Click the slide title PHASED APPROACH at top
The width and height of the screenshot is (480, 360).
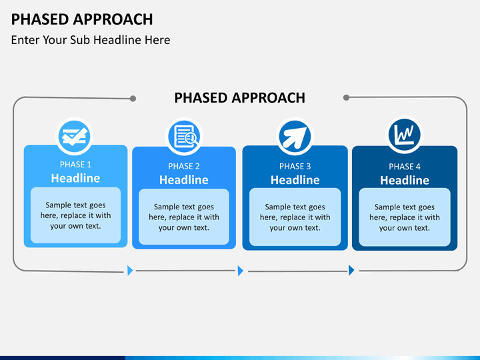click(x=82, y=19)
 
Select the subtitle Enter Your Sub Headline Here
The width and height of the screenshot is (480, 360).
click(x=91, y=40)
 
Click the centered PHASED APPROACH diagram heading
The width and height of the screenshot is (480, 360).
click(x=240, y=98)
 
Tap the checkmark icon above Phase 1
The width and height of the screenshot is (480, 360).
click(x=75, y=136)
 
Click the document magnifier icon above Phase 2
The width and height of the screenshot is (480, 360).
click(x=184, y=137)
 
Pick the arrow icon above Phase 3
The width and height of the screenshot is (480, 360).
click(x=295, y=137)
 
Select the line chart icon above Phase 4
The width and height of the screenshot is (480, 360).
click(x=405, y=135)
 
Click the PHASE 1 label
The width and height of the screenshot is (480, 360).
click(x=75, y=165)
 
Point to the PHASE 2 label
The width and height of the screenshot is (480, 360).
click(x=184, y=166)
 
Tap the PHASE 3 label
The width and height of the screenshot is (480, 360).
click(x=295, y=166)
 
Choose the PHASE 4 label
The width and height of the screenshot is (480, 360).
click(x=405, y=167)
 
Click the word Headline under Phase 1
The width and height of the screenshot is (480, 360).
click(x=75, y=178)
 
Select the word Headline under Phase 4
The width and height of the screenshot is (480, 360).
click(x=405, y=180)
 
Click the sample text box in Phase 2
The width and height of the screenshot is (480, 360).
click(x=184, y=217)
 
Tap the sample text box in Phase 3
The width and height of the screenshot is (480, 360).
click(x=295, y=217)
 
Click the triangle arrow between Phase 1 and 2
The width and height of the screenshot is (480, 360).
click(x=130, y=271)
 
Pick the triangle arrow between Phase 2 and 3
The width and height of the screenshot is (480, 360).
click(x=240, y=271)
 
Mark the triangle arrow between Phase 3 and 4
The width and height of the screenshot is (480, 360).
click(x=351, y=270)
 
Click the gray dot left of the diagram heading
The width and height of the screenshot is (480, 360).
click(x=133, y=99)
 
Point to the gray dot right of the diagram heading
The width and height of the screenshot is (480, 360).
click(x=346, y=97)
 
